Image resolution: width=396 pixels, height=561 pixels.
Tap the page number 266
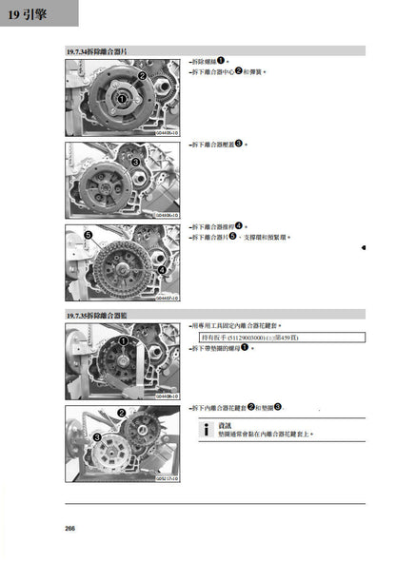(70, 529)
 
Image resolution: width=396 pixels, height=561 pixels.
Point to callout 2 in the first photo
(142, 75)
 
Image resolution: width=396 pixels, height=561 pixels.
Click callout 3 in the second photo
(136, 163)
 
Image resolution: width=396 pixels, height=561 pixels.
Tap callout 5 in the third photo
(88, 234)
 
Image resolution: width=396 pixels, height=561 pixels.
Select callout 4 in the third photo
(161, 270)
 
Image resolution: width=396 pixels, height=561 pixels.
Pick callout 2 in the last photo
(122, 413)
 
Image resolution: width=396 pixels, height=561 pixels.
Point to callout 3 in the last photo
(97, 436)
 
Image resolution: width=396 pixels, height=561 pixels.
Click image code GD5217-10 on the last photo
(168, 479)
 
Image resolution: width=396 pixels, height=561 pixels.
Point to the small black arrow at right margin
(364, 247)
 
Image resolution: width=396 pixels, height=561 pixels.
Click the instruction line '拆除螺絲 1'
(210, 61)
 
